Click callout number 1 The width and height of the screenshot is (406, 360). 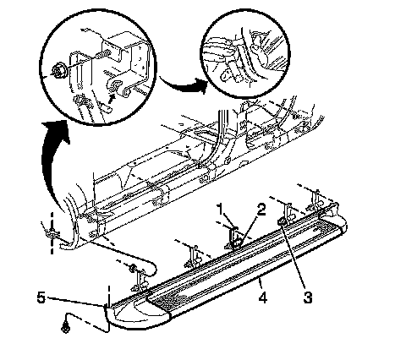[x=220, y=210]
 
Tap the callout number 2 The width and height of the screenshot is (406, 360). [x=261, y=210]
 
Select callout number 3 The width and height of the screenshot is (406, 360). [x=308, y=297]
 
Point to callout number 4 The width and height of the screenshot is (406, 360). [x=263, y=297]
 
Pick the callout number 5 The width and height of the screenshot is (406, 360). [x=41, y=297]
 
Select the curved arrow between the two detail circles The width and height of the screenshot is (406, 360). [x=184, y=84]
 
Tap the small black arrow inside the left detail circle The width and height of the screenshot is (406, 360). [x=112, y=98]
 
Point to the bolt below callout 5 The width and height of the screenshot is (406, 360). [x=65, y=328]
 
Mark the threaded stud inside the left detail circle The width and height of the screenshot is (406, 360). [x=103, y=55]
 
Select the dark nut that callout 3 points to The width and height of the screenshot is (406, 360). [x=281, y=222]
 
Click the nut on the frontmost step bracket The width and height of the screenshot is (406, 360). [x=131, y=268]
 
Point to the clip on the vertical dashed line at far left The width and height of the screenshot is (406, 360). [x=52, y=233]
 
